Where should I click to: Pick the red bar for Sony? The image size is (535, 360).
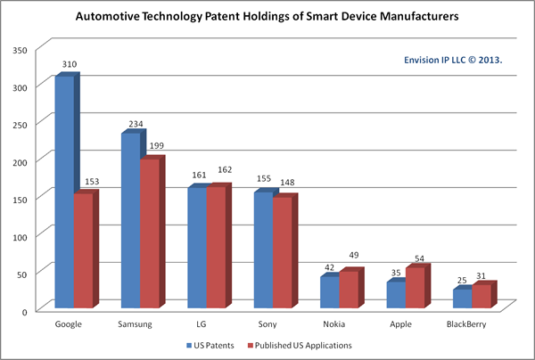(x=283, y=253)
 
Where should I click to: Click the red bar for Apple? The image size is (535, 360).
(x=416, y=288)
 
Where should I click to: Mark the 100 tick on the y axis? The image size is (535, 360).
(x=19, y=233)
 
